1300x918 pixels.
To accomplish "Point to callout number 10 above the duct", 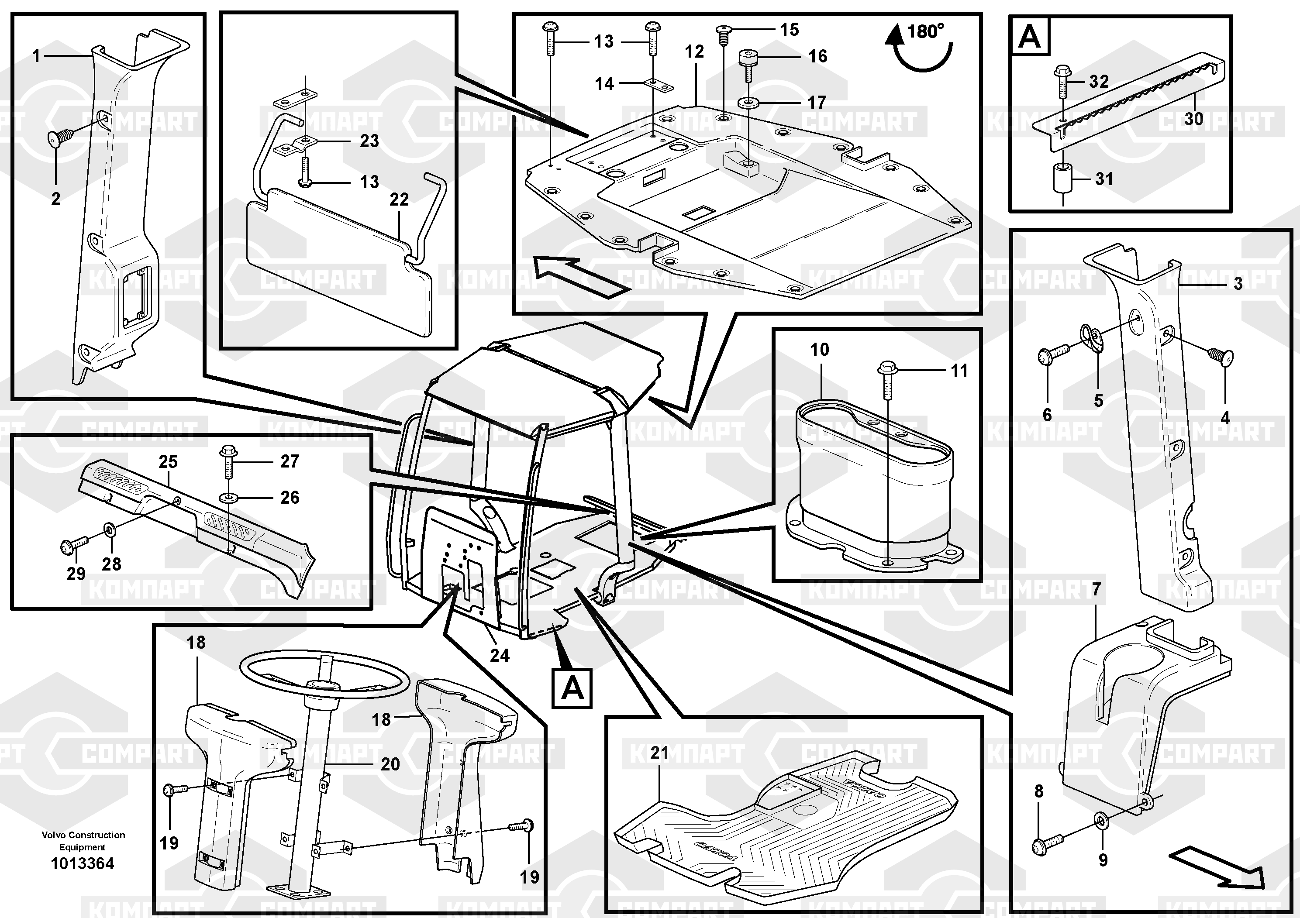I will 819,349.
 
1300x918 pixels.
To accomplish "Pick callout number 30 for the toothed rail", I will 1193,119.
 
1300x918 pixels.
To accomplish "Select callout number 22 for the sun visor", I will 399,199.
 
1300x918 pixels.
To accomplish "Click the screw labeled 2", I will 60,137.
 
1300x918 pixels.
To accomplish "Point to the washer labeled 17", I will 749,103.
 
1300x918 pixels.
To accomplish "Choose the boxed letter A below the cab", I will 572,688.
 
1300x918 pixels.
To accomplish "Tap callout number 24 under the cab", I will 500,655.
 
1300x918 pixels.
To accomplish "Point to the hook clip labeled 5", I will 1093,342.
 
